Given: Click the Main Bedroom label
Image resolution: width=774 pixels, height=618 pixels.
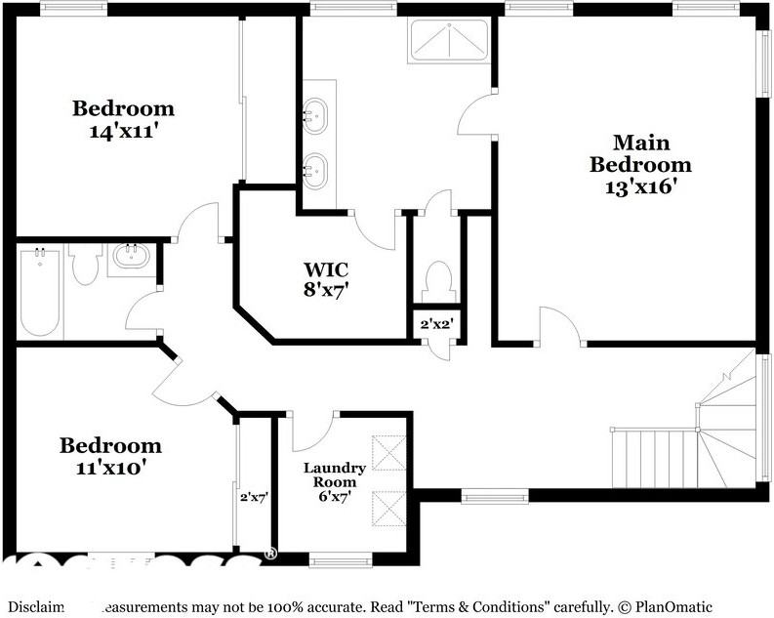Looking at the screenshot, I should tap(640, 153).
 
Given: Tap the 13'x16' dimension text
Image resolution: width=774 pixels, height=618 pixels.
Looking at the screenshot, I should tap(640, 186).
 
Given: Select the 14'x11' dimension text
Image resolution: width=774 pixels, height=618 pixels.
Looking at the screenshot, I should tap(123, 129).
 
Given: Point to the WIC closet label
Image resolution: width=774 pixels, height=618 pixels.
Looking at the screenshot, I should tap(325, 268).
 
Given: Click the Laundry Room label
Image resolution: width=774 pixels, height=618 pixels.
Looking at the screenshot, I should tap(335, 474).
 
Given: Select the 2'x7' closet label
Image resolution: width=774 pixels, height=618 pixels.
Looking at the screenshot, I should tap(255, 496).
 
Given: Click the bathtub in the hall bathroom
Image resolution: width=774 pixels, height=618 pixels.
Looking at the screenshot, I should tap(40, 293).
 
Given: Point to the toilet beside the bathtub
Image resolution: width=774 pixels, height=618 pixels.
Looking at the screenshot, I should tap(85, 262).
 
